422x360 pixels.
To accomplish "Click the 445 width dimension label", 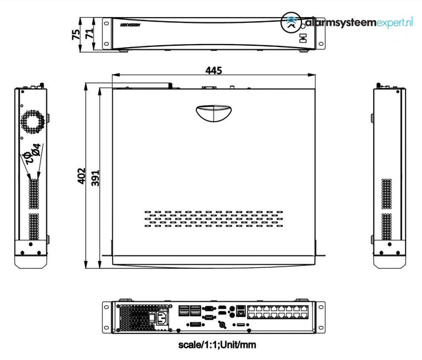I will pos(214,70).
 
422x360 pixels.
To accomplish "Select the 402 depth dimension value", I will pos(83,177).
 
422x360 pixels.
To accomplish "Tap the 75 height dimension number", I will pos(76,35).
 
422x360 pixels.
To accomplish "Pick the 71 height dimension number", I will pos(90,35).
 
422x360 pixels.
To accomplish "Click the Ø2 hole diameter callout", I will pos(26,157).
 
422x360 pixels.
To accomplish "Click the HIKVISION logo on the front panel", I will pos(130,26).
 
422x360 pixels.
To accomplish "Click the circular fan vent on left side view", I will pos(33,122).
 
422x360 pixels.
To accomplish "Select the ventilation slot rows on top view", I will pos(214,218).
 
